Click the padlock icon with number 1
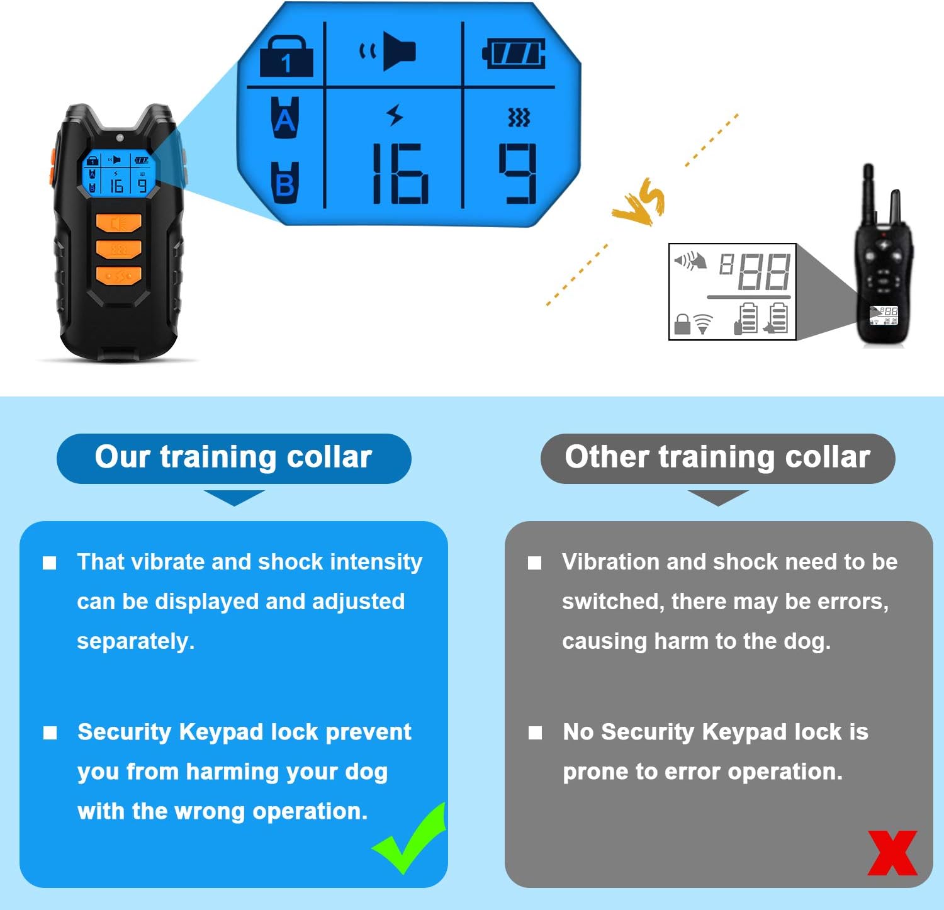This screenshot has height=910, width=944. tap(286, 57)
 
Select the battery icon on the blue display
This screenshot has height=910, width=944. tap(514, 53)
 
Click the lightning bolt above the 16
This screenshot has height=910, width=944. tap(395, 115)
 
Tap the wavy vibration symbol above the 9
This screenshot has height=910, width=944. tap(519, 117)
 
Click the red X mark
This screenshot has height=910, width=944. tap(892, 853)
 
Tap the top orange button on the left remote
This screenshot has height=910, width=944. tap(118, 223)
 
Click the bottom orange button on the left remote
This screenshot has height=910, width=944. tap(118, 276)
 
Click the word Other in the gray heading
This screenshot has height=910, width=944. tap(606, 457)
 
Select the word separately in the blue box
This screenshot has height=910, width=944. tap(135, 641)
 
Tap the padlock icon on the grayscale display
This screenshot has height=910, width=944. tap(682, 324)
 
